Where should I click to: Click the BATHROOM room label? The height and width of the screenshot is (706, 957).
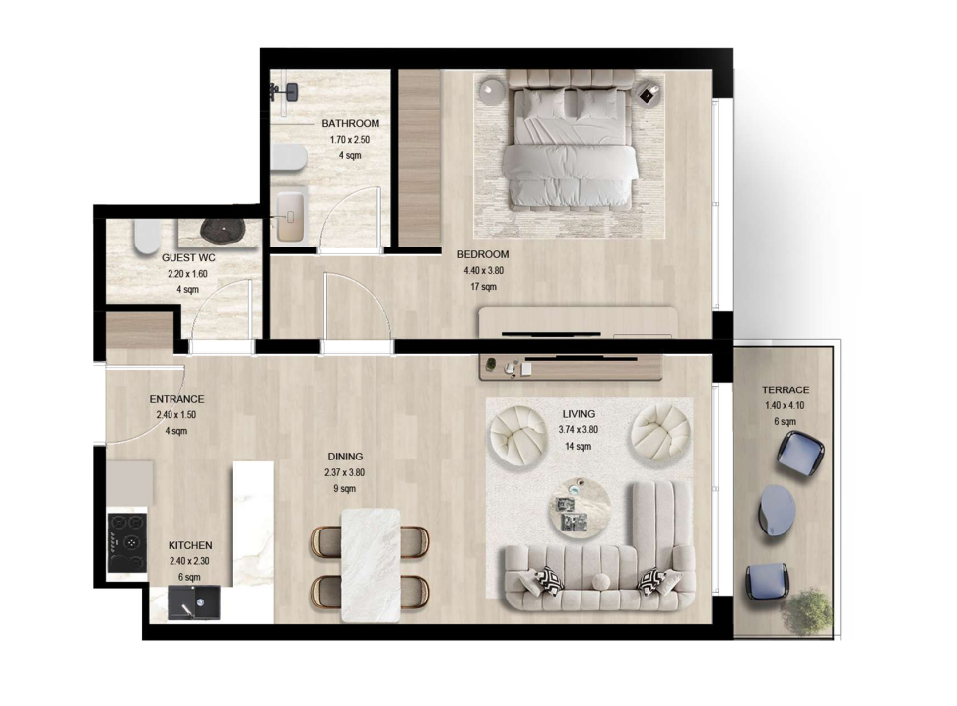pos(350,124)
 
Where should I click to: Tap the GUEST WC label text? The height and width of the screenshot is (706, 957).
pos(188,258)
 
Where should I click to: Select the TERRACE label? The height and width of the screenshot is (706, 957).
pos(786,390)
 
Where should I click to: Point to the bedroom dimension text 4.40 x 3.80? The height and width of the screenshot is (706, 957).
pos(483,270)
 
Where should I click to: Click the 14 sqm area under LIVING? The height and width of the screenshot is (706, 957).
pos(578,447)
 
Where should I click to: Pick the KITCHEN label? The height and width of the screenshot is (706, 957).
pos(190,545)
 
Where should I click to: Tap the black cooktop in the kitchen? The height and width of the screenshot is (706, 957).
pos(127,541)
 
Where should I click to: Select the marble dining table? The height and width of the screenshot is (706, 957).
pos(371,565)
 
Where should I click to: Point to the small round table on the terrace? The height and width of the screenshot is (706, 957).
pos(777,510)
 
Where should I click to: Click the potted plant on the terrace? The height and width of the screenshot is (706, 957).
pos(807,610)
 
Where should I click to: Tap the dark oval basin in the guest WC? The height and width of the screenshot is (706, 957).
pos(221,231)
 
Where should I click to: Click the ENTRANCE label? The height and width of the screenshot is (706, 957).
pos(176,399)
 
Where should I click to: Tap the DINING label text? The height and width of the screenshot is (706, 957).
pos(345,457)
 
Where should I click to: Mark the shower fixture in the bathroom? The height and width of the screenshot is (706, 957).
pos(285,92)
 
